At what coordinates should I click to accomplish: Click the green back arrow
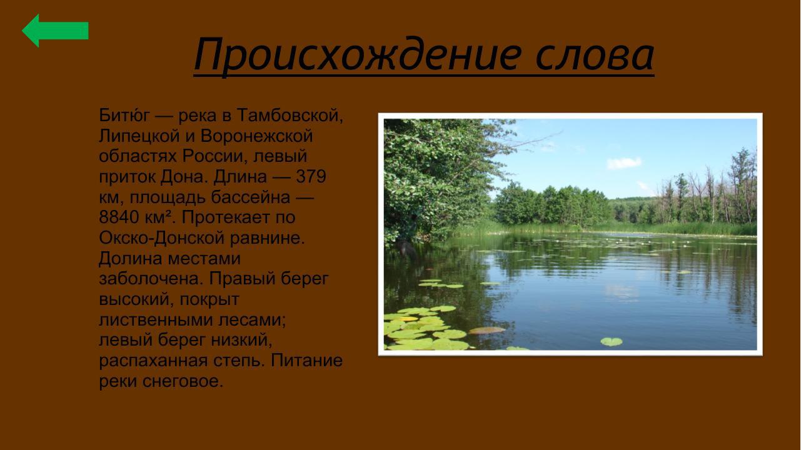pos(54,31)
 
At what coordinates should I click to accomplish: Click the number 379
pos(311,177)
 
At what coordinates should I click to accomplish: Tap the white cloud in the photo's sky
pos(624,162)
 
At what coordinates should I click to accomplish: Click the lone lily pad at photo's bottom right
pos(611,341)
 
